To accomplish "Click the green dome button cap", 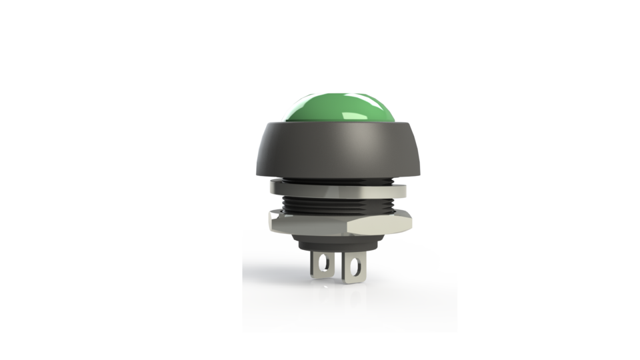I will click(333, 110).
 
